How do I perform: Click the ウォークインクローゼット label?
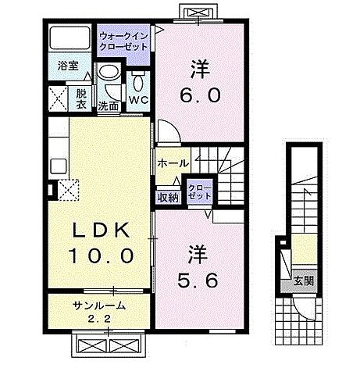(123, 40)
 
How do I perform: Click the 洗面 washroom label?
(108, 105)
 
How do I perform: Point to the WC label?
(140, 100)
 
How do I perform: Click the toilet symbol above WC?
(140, 80)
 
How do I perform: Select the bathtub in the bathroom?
(70, 39)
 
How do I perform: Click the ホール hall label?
(172, 162)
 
